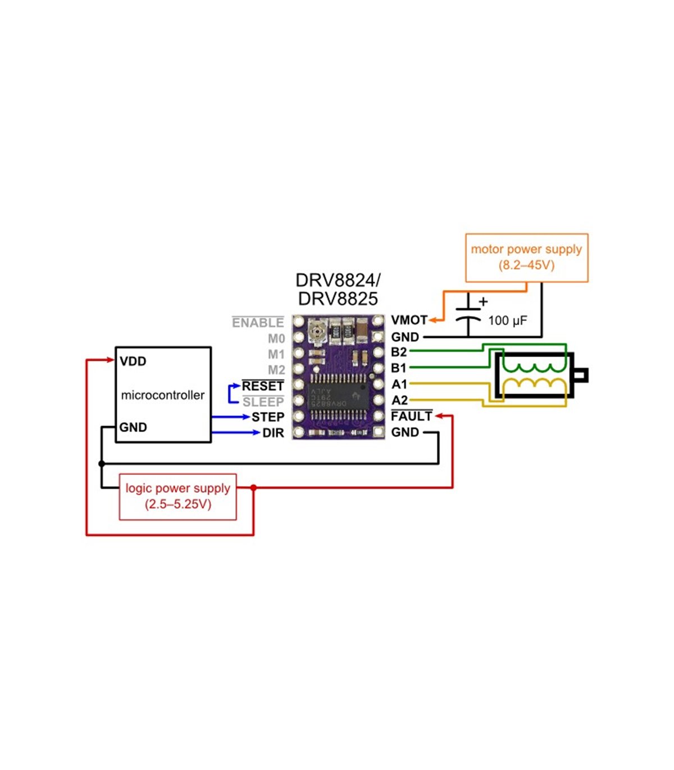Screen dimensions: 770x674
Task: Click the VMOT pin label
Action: point(409,320)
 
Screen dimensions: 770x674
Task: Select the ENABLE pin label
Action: point(258,323)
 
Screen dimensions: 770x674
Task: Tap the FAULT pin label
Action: point(412,416)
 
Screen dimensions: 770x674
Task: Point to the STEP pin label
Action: point(268,417)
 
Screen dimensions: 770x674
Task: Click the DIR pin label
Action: point(274,433)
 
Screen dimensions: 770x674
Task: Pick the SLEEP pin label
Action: point(263,402)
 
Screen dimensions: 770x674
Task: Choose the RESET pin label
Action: point(263,386)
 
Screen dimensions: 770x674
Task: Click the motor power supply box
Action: point(526,258)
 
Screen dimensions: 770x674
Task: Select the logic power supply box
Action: point(177,496)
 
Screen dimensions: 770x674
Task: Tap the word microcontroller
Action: point(163,395)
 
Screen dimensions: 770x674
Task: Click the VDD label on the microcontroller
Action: point(133,361)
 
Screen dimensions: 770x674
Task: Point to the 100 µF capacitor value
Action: point(507,320)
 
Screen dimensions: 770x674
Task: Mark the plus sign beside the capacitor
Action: point(483,302)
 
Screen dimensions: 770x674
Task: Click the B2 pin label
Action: point(399,352)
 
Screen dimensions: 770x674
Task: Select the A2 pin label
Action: point(399,400)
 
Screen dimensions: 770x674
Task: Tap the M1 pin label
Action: point(276,355)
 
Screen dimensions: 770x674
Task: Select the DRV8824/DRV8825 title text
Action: point(338,289)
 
